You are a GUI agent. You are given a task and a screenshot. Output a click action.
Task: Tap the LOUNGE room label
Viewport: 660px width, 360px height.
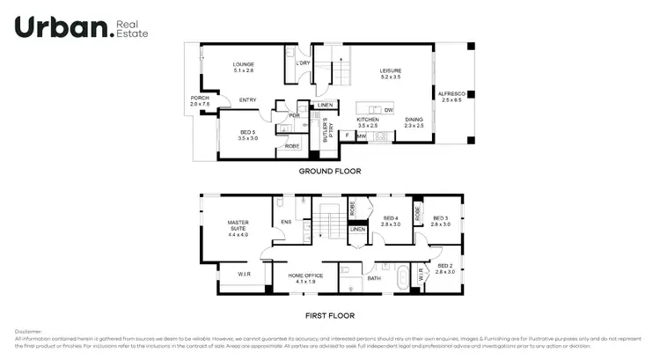(x=243, y=67)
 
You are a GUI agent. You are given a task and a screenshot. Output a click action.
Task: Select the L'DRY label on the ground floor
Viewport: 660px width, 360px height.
(x=302, y=62)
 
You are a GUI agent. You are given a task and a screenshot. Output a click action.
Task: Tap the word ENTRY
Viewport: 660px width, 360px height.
(x=247, y=99)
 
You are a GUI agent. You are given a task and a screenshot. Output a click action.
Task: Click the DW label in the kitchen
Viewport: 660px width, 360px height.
(x=388, y=109)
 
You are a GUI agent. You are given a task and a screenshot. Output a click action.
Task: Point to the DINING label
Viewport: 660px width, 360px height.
(x=414, y=122)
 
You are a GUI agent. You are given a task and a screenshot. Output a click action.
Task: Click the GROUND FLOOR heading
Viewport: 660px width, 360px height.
(x=329, y=171)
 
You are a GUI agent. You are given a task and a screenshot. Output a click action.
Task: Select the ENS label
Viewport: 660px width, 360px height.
(x=285, y=222)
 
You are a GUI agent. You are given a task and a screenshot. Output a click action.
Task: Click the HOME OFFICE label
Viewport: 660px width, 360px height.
(x=306, y=276)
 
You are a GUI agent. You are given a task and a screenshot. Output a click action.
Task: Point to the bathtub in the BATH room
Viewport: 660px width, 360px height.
(x=403, y=278)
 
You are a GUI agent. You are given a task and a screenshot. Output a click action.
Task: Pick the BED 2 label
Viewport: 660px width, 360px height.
(x=444, y=267)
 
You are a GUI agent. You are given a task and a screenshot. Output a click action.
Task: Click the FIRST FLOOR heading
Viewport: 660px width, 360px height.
(x=329, y=314)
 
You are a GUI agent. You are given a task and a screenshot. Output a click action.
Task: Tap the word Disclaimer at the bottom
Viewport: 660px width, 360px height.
(x=28, y=332)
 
